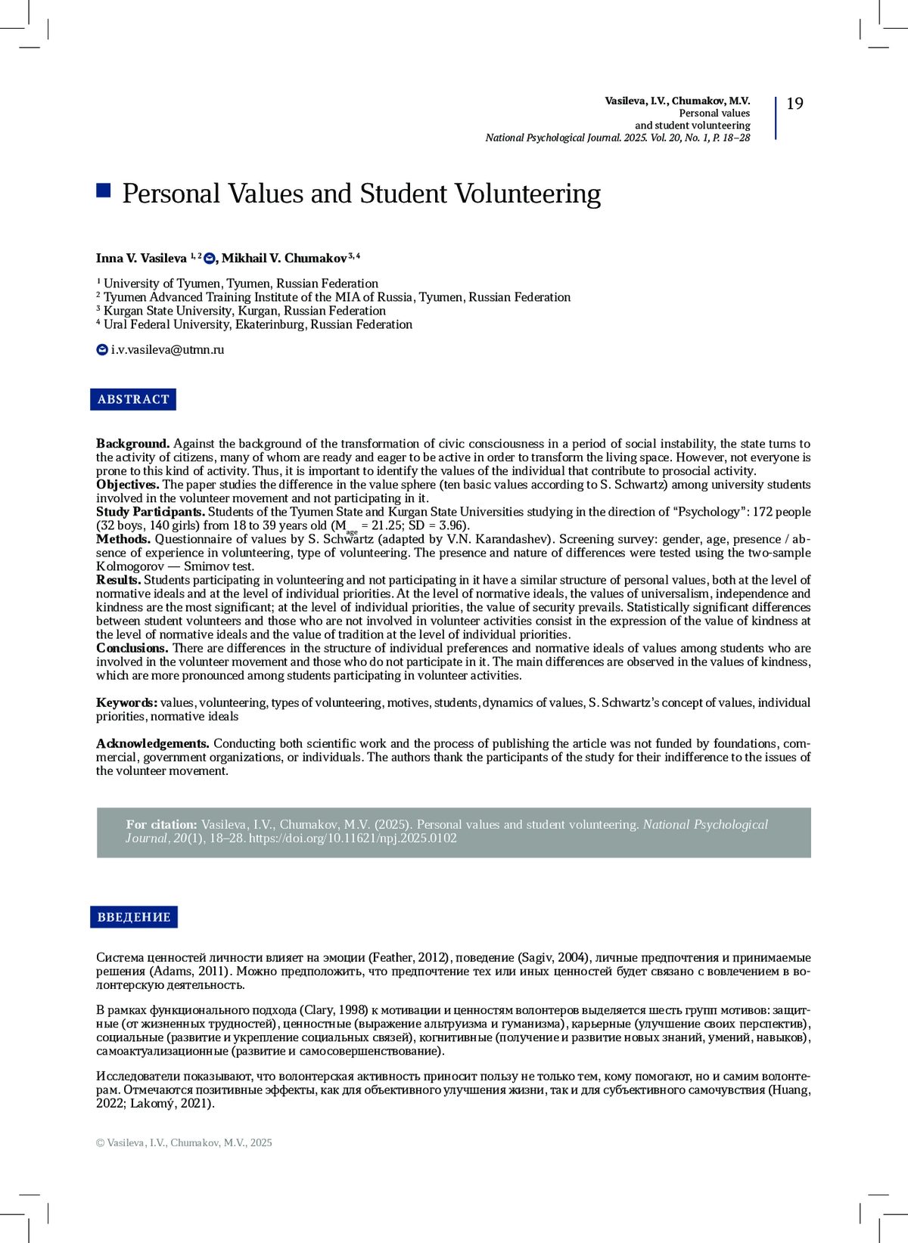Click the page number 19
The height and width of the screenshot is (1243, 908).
(x=794, y=104)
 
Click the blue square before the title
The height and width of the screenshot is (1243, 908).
(x=104, y=190)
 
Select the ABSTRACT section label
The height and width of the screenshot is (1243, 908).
(x=133, y=399)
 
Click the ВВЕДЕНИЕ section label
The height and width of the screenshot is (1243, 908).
(x=134, y=917)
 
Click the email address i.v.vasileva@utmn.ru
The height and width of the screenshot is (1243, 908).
(x=167, y=350)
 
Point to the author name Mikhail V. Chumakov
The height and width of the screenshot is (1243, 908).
(x=284, y=259)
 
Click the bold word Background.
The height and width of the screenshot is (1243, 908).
(x=132, y=444)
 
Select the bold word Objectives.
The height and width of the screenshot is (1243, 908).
(x=127, y=485)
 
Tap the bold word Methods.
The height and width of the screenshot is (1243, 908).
(x=123, y=539)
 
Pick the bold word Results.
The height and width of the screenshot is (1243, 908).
(x=118, y=580)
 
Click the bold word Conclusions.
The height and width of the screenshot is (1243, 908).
(x=132, y=648)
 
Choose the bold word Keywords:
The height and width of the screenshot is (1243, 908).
(x=126, y=703)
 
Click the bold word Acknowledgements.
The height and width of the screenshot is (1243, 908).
(x=152, y=744)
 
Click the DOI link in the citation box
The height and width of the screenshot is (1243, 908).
(x=353, y=838)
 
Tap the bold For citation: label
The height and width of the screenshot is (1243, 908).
(x=161, y=825)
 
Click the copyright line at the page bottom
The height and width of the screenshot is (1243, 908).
(x=184, y=1142)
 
